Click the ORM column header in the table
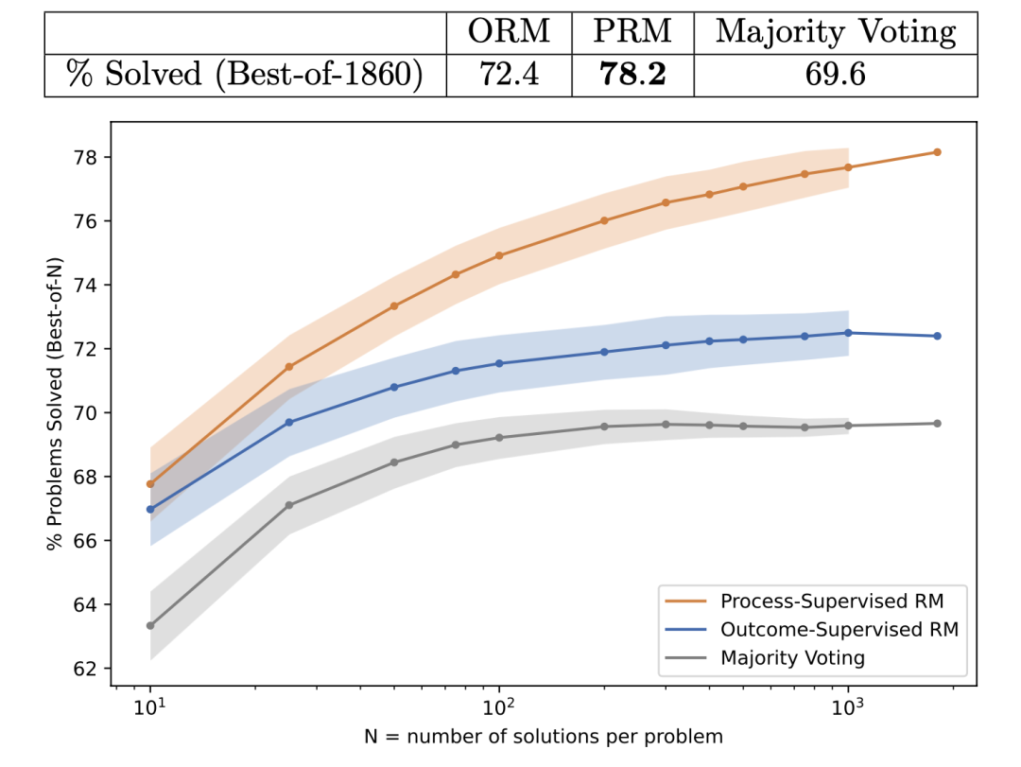509,32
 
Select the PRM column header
632,32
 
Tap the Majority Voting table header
836,32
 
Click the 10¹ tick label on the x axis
149,706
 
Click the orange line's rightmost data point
937,151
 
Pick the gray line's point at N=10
150,625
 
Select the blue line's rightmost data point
937,336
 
